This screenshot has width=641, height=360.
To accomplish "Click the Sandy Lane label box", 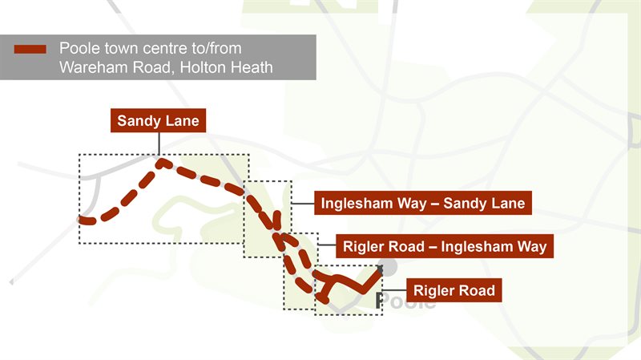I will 158,122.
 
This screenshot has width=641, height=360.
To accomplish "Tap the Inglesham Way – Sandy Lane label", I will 423,203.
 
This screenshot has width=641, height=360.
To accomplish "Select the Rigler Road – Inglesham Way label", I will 445,246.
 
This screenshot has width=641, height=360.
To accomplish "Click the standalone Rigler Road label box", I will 454,289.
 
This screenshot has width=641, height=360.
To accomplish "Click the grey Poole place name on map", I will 407,302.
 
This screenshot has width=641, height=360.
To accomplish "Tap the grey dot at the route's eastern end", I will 389,269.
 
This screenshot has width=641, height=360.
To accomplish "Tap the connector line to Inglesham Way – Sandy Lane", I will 302,203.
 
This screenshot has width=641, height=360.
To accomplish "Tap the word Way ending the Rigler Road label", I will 531,246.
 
